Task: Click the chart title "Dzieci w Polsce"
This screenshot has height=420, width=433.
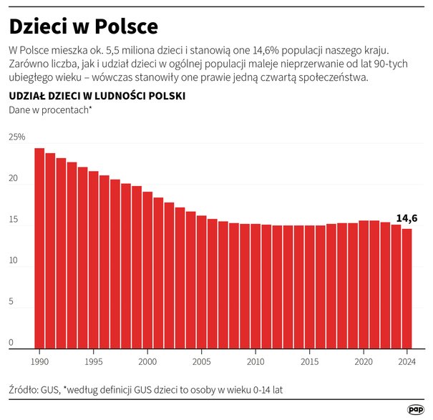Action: point(83,26)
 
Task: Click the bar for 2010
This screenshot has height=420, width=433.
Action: point(256,286)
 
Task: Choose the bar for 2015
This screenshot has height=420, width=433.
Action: point(309,287)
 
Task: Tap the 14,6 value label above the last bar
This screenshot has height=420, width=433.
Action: point(407,218)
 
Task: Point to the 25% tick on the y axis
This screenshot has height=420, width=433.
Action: point(16,137)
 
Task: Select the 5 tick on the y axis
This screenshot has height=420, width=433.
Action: point(11,303)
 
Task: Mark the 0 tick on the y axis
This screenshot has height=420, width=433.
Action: point(11,343)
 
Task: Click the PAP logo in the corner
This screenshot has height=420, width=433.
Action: point(415,409)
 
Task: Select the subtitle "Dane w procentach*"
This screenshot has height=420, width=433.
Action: point(50,109)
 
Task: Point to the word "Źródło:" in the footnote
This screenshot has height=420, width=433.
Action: point(25,391)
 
